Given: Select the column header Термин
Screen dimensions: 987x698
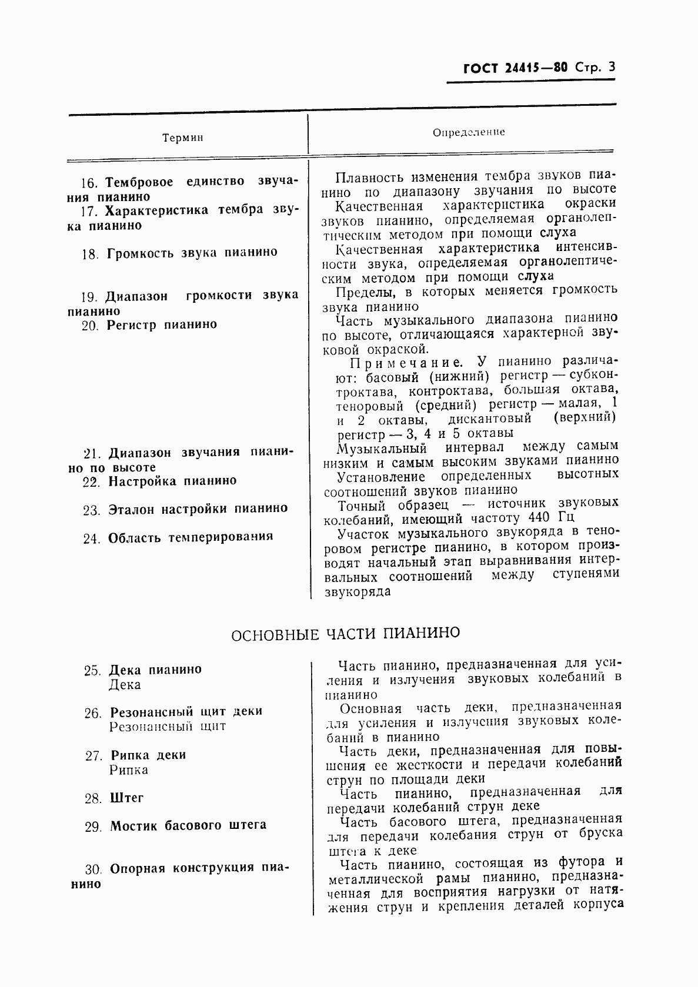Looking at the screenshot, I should pos(182,138).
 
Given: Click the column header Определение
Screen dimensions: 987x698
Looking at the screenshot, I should pos(469,132).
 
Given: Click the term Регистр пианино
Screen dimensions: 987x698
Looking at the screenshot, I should pos(162,325).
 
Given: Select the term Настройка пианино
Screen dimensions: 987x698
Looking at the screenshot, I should pos(172,481).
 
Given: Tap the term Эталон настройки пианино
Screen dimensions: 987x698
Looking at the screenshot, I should pos(198,509).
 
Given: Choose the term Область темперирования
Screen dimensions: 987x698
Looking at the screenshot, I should pos(190,537).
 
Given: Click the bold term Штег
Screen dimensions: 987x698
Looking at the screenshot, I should pos(126,798).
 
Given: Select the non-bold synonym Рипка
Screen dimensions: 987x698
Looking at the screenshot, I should pos(128,770).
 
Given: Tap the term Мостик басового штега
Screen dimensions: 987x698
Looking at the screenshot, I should pos(188,826).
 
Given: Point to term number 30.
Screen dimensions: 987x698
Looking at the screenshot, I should pos(93,869).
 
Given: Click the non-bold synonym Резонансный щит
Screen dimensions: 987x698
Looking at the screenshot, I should pos(167,727).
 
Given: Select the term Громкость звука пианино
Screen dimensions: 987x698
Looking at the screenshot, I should pos(192,253).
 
